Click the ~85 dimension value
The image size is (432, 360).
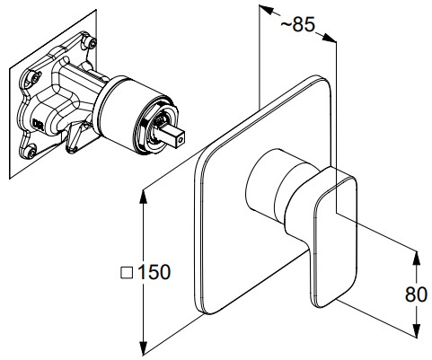click(x=298, y=24)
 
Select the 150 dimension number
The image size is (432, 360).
click(x=154, y=272)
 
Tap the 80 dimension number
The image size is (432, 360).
click(x=416, y=294)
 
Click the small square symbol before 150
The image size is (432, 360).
click(x=127, y=273)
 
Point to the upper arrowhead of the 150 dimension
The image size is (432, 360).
click(x=144, y=197)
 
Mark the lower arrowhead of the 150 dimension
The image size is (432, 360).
click(x=144, y=347)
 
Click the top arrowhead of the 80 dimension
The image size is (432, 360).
click(x=416, y=258)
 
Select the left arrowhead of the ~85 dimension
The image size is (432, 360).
click(x=266, y=10)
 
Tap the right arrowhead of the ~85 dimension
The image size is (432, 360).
click(x=329, y=38)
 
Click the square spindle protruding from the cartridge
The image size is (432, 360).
click(x=173, y=134)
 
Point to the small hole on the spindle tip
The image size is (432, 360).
click(x=180, y=139)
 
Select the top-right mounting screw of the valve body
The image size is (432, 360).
click(x=91, y=43)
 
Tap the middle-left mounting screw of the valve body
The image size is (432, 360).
click(x=35, y=77)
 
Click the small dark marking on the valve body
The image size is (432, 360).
click(x=39, y=124)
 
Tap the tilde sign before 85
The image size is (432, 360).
click(x=287, y=24)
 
